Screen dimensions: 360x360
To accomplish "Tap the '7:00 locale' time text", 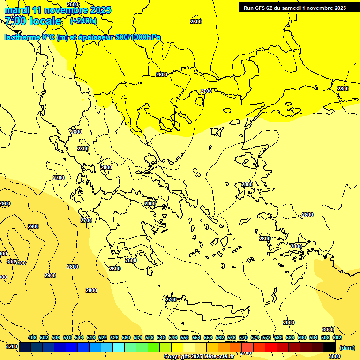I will (33, 21).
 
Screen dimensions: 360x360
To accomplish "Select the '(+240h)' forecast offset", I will (83, 21).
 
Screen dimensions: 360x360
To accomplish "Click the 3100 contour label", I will (20, 263).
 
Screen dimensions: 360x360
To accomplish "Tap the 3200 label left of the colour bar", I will (12, 347).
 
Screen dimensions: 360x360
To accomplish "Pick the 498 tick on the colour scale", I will (32, 337).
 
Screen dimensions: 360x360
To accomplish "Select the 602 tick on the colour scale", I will (337, 337).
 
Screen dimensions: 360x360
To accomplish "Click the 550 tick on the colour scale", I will (185, 337).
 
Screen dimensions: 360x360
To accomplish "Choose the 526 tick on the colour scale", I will (114, 337).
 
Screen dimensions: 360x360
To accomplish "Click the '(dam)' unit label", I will (347, 347).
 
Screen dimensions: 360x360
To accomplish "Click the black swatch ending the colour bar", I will (330, 347).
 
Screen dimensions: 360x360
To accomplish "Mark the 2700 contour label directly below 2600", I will (206, 91).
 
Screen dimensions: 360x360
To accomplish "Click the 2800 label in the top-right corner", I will (343, 89).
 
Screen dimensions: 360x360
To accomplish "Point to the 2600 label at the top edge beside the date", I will (73, 4).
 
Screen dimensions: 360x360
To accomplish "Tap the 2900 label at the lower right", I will (289, 322).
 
